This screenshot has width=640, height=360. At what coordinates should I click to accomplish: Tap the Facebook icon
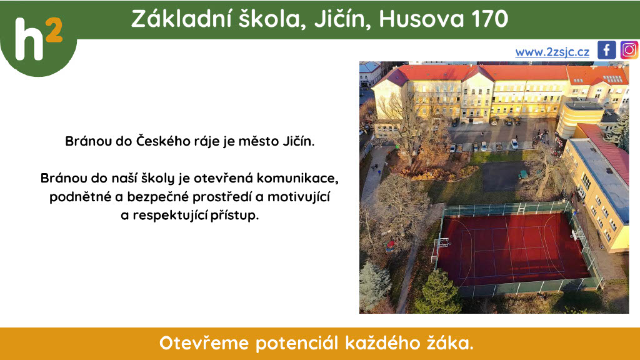pos(606,50)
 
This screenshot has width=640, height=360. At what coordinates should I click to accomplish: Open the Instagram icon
pos(629,50)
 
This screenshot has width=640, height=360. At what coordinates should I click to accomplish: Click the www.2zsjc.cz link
pos(552,52)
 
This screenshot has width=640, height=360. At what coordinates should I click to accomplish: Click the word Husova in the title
pos(421,19)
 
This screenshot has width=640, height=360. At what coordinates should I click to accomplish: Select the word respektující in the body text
pos(170,215)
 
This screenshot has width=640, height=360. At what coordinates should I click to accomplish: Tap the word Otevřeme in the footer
pos(204,343)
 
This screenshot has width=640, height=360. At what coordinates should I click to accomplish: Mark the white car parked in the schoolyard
pos(514,144)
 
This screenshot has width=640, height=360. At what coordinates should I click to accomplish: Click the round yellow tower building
pos(579,118)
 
